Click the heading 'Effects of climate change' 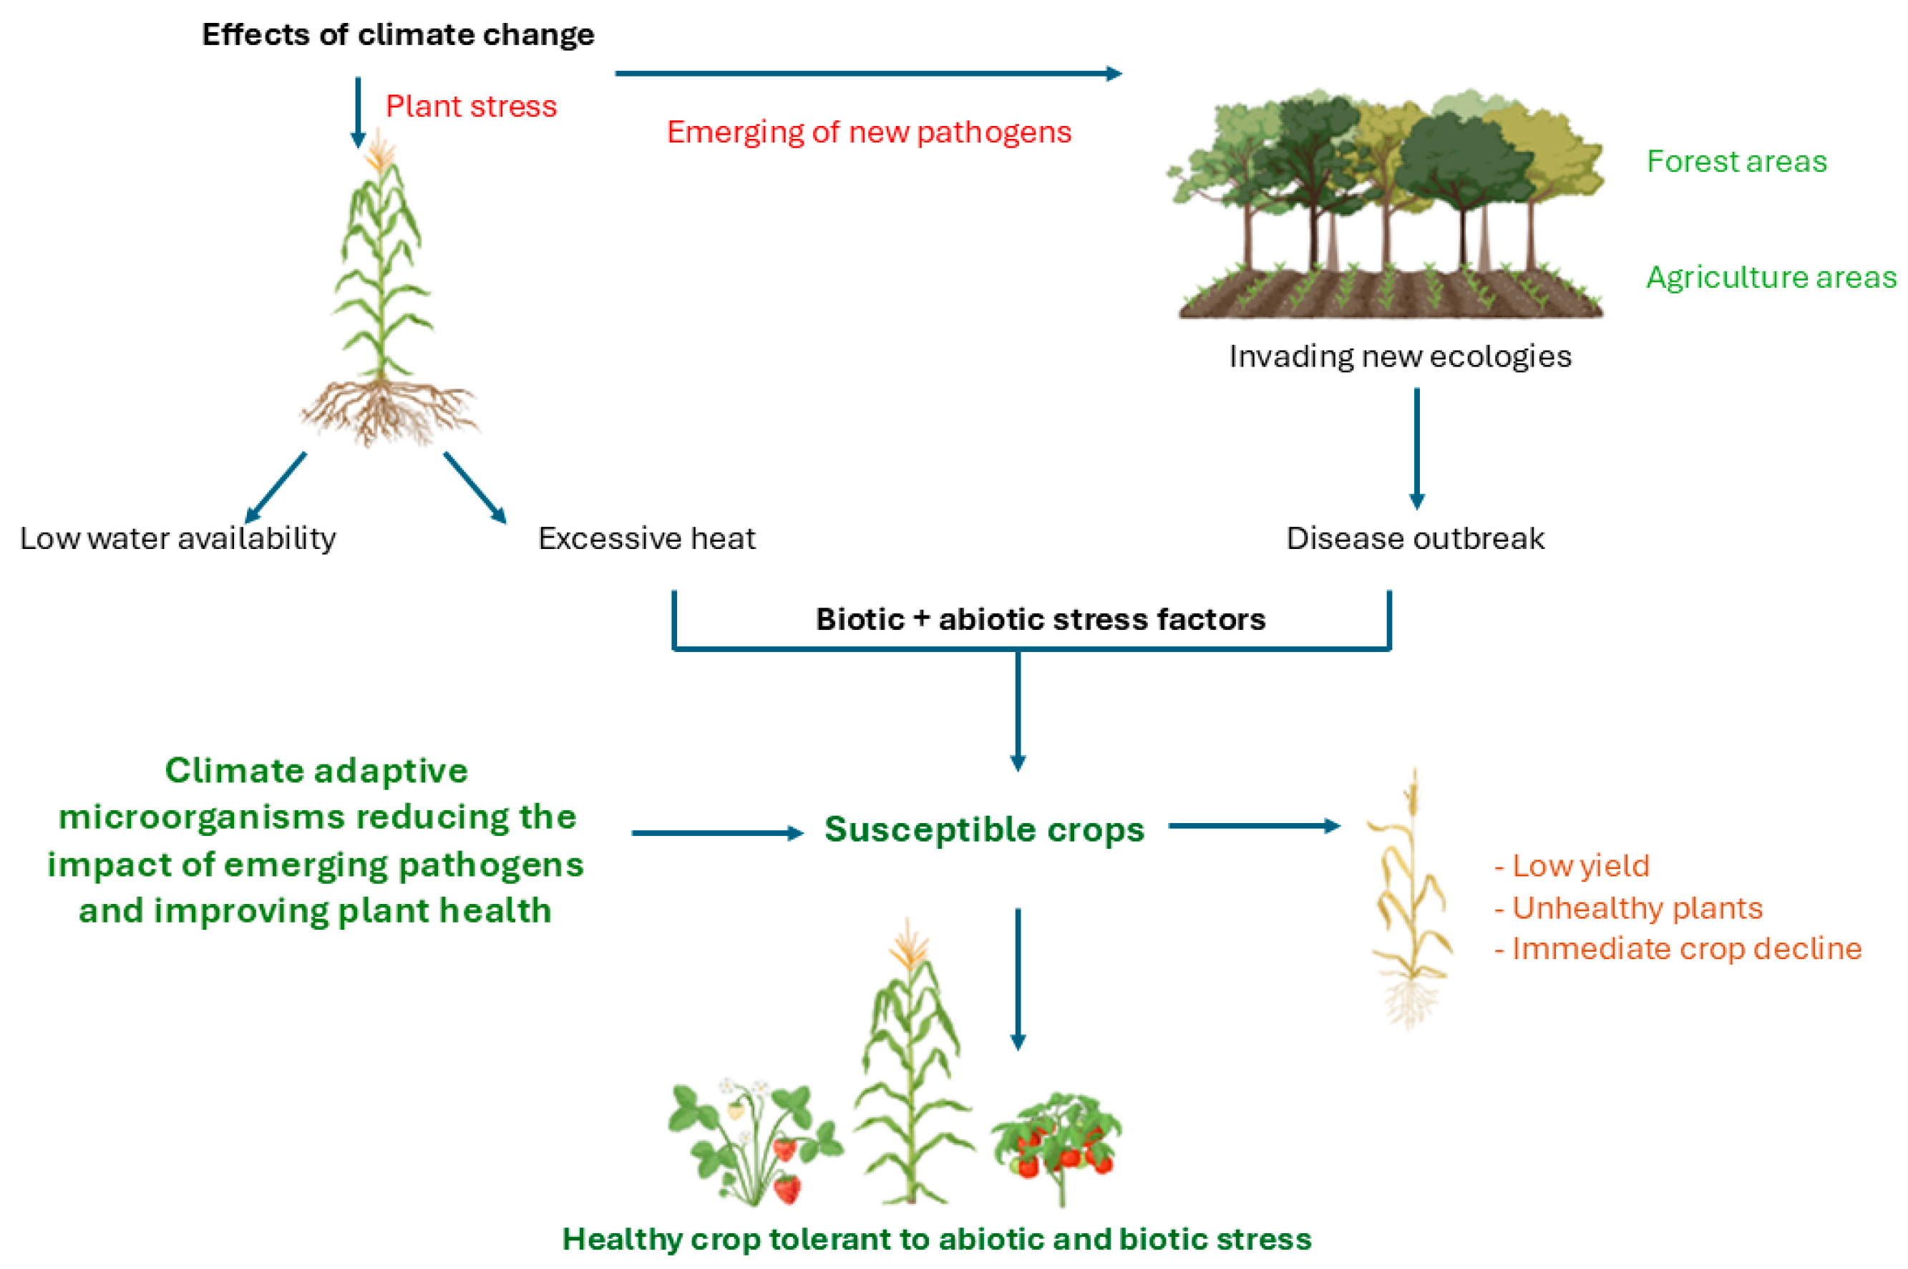pos(397,35)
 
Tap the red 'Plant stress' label pos(471,106)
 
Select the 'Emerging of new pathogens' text pos(868,132)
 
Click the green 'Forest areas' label pos(1736,161)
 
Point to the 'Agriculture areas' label pos(1771,277)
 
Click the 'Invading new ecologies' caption pos(1400,356)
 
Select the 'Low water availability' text pos(178,538)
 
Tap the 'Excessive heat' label pos(646,538)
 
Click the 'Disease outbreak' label pos(1415,538)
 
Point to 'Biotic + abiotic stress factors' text pos(1040,619)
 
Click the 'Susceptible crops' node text pos(984,829)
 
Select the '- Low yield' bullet pos(1572,866)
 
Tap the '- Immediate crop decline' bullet pos(1678,948)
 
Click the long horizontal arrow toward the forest pos(867,74)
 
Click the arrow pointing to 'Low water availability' pos(275,487)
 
